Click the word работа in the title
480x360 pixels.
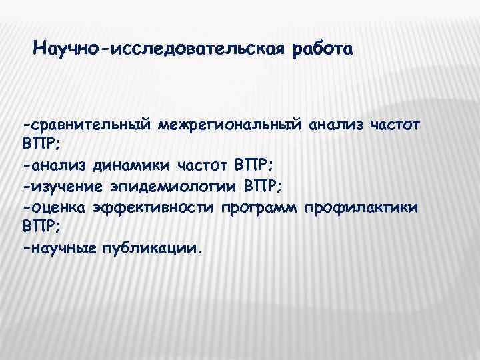[x=320, y=49]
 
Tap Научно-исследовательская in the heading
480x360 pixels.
[x=159, y=49]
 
